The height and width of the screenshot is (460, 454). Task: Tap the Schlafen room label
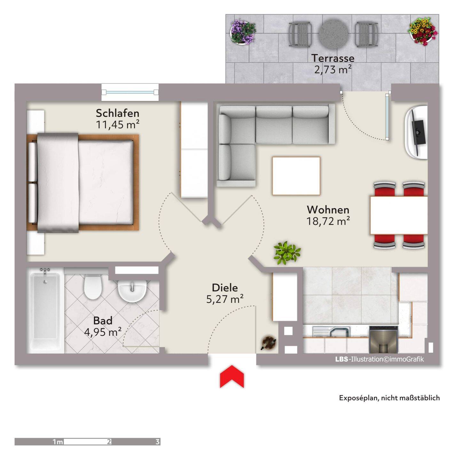click(x=117, y=113)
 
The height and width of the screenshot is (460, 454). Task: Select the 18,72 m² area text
click(x=328, y=221)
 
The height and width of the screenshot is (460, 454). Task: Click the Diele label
click(x=225, y=287)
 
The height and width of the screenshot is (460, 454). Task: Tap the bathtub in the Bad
click(x=45, y=310)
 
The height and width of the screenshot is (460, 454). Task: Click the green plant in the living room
click(x=286, y=253)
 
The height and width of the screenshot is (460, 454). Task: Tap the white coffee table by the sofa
click(x=296, y=176)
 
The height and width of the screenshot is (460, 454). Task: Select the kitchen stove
click(x=384, y=339)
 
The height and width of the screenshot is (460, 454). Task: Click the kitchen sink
click(x=331, y=332)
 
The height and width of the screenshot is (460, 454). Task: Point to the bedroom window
click(x=130, y=92)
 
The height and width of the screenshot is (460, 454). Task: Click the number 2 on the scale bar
click(x=109, y=441)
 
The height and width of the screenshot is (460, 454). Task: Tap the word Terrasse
click(x=333, y=58)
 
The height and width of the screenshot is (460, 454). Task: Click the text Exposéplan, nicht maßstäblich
click(x=389, y=398)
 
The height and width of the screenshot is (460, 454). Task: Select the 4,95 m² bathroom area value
click(x=103, y=332)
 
